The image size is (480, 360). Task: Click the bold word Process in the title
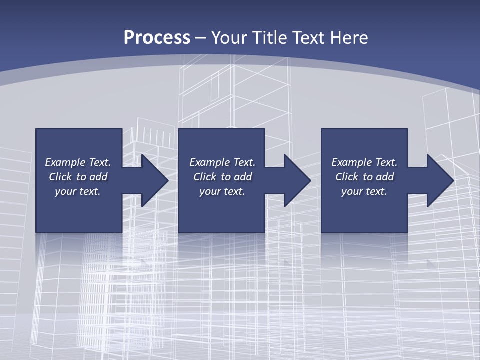tap(157, 38)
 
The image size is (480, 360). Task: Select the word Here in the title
tap(348, 38)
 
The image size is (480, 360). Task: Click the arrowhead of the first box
tap(152, 180)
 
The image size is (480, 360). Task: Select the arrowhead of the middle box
tap(295, 180)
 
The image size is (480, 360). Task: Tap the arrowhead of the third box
tap(438, 180)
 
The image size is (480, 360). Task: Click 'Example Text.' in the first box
tap(78, 162)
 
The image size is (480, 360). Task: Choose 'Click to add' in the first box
tap(78, 177)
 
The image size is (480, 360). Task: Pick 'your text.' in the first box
tap(78, 191)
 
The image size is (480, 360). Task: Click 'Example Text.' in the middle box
tap(222, 162)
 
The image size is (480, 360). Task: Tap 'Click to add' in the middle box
tap(222, 177)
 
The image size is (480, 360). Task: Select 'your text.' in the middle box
tap(222, 191)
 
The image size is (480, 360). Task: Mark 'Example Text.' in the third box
tap(364, 162)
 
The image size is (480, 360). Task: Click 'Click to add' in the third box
tap(364, 177)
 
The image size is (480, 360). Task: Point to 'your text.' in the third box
tap(364, 191)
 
